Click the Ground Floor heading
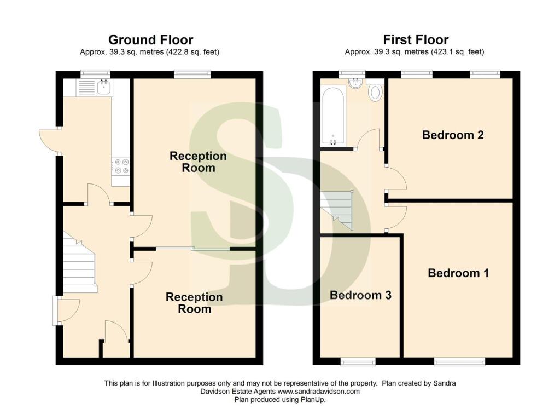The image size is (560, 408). [150, 40]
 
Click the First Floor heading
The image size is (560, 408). [416, 40]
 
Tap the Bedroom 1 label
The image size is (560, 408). [458, 273]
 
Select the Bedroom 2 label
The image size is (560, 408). [453, 135]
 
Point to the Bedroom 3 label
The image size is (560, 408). [360, 295]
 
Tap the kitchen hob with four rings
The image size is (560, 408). [121, 166]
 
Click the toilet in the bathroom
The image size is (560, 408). [376, 92]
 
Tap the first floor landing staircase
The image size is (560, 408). [337, 209]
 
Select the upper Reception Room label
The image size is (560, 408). [198, 162]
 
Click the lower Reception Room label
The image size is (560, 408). [194, 303]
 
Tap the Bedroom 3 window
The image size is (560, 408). [358, 361]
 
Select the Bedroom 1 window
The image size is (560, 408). [459, 361]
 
